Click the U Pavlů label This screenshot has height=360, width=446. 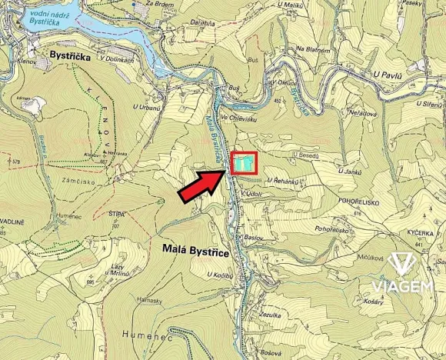389,74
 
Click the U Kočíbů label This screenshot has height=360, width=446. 219,275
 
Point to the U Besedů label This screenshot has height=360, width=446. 307,155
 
